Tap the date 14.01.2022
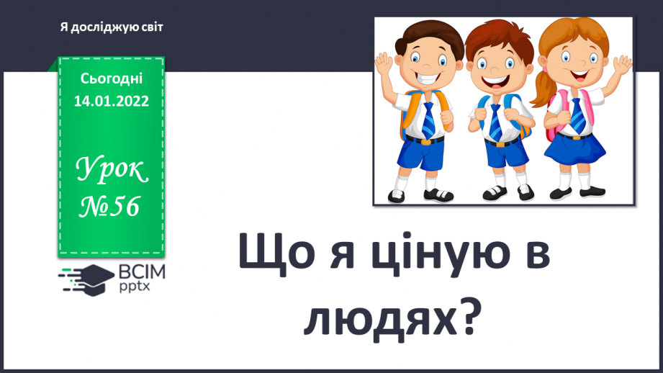click(112, 101)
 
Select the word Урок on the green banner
click(112, 171)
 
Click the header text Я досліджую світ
click(112, 27)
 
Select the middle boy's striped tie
click(495, 120)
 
